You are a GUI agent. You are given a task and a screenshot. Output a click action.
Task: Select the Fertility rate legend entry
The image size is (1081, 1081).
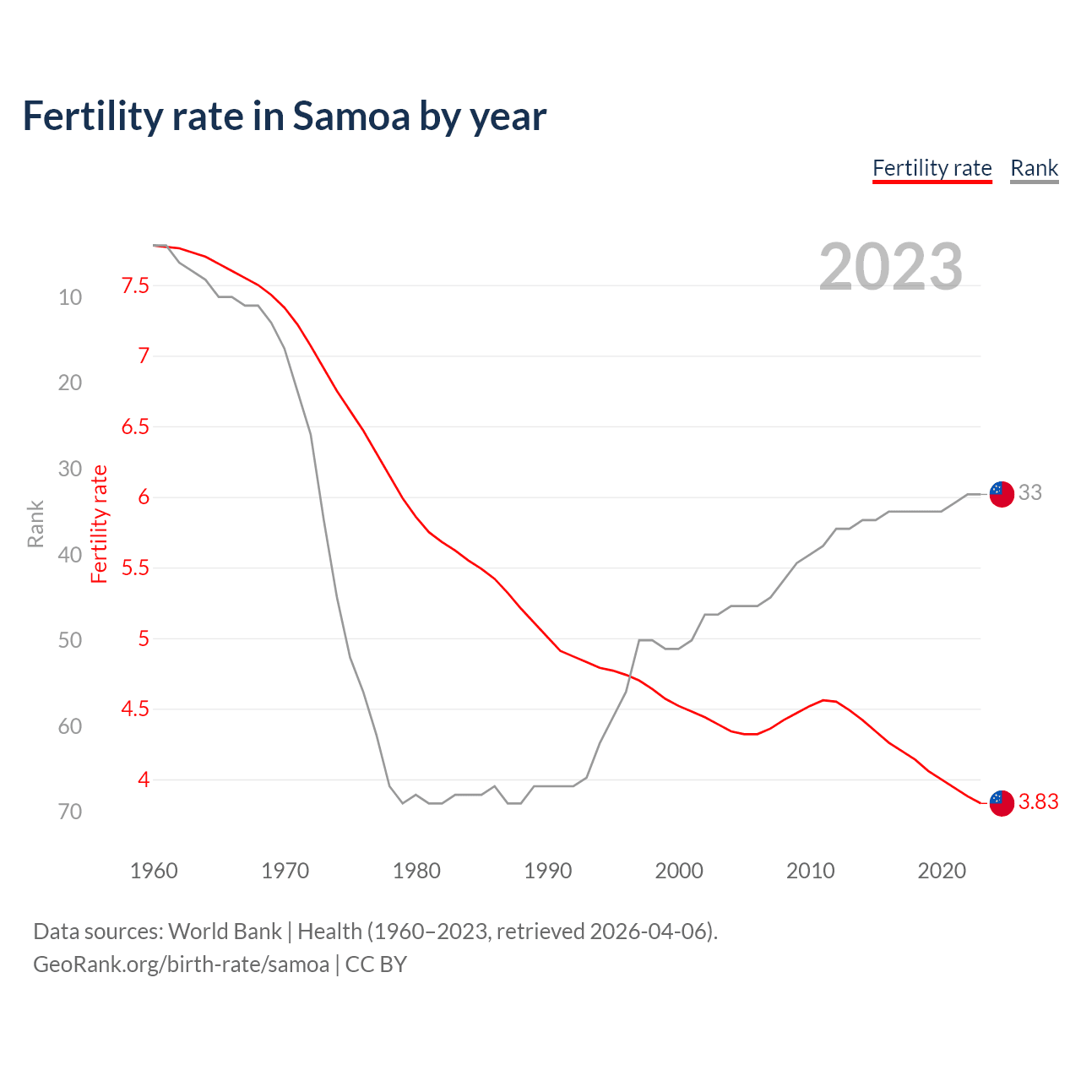tap(932, 168)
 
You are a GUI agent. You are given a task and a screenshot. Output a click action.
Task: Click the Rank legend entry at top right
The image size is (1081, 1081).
tap(1034, 168)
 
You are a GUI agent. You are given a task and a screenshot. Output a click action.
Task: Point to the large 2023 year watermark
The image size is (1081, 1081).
tap(890, 267)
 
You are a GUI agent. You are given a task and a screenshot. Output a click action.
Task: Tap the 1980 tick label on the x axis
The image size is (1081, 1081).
tap(416, 871)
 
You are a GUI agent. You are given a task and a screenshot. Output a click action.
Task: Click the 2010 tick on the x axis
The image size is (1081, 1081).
tap(810, 871)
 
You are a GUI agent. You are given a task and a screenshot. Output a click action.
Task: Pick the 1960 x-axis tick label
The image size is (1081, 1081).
tap(154, 871)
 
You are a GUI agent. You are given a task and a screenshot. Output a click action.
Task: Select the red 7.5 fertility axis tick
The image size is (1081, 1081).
tap(135, 285)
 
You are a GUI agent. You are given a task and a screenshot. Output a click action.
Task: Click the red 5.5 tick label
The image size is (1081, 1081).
tap(135, 568)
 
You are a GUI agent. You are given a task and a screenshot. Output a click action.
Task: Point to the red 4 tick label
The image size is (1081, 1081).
tap(144, 780)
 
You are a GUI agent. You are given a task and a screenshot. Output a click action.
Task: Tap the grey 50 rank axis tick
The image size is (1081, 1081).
tap(70, 640)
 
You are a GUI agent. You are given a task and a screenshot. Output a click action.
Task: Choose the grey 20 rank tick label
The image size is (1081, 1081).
tap(70, 383)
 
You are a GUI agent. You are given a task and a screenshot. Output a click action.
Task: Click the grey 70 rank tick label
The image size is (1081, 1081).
tap(70, 812)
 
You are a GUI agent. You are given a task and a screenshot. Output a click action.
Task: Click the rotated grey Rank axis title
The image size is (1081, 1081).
tap(35, 524)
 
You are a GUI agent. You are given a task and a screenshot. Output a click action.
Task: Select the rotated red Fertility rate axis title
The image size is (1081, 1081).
tap(100, 524)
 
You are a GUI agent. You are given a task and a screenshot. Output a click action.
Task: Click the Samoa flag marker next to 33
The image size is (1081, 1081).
tap(1001, 494)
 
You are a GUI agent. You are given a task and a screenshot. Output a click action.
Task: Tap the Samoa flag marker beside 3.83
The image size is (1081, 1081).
tap(1001, 803)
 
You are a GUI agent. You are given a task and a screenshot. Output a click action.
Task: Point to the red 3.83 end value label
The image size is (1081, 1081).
tap(1038, 802)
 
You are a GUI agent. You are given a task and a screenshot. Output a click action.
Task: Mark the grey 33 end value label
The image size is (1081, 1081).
tap(1029, 492)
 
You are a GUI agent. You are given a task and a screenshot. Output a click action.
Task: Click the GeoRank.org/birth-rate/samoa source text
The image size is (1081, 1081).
tap(181, 964)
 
